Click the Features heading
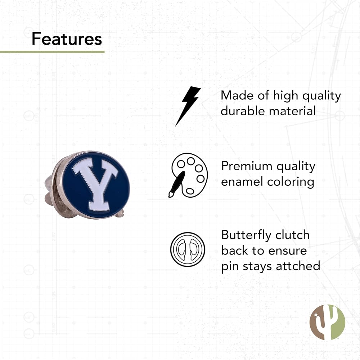(x=67, y=39)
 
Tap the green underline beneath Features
(x=52, y=52)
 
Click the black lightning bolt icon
(x=188, y=106)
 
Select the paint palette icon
(x=188, y=175)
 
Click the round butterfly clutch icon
(x=188, y=249)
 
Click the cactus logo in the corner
(x=327, y=322)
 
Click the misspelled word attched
(x=298, y=266)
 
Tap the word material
(x=292, y=111)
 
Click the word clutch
(x=292, y=235)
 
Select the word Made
(x=237, y=95)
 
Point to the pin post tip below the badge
(x=120, y=213)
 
